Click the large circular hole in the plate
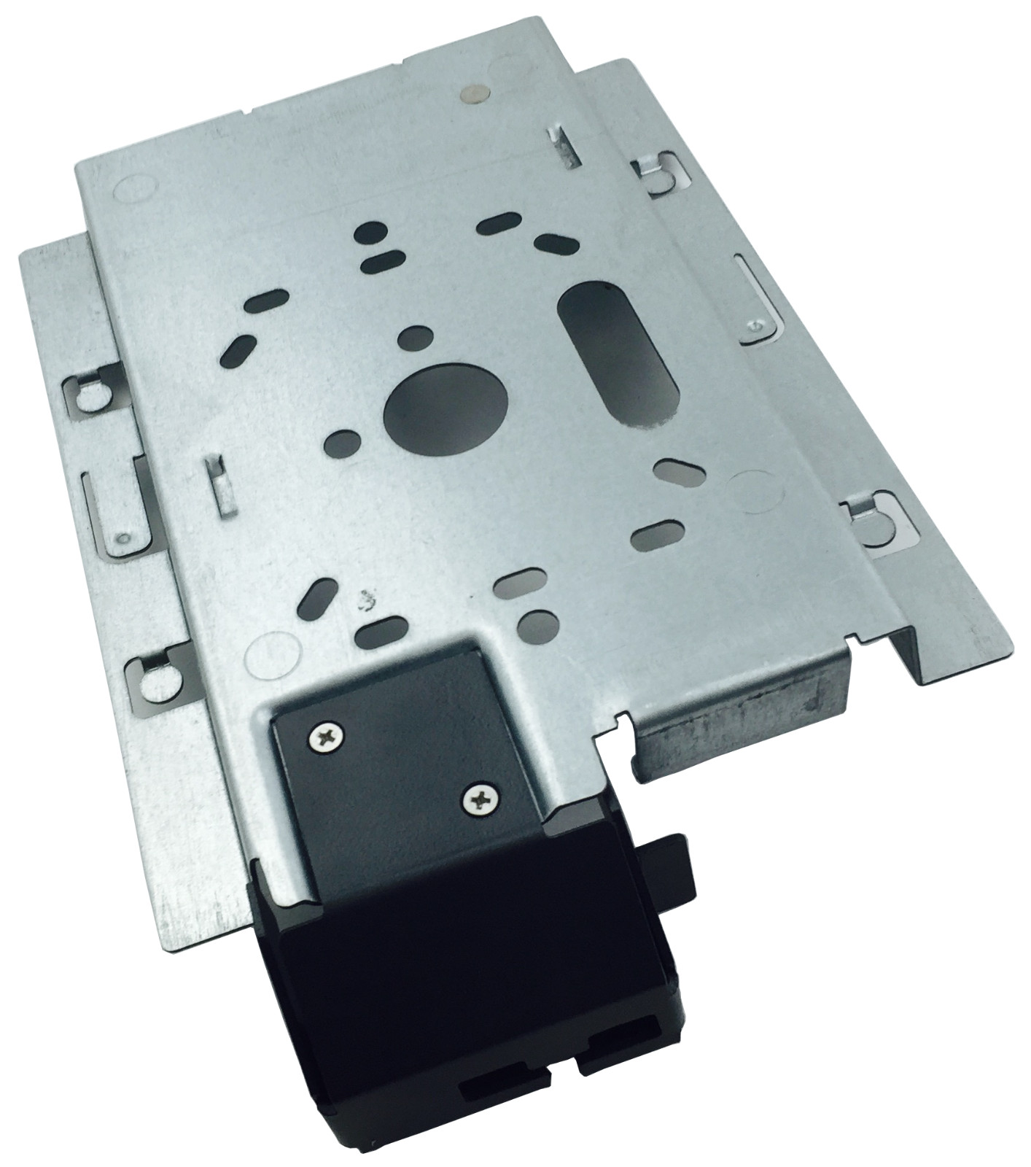point(445,406)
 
